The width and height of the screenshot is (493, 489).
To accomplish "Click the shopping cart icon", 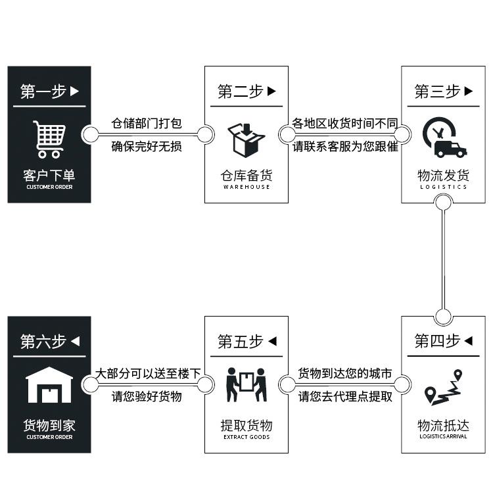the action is (49, 140).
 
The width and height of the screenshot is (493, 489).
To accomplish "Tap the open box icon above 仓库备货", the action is (246, 140).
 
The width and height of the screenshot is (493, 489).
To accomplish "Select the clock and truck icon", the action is (444, 138).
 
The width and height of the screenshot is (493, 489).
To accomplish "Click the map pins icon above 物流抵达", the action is (444, 388).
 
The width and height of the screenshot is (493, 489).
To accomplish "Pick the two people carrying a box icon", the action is (246, 386).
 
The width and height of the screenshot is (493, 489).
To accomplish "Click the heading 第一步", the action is (43, 91).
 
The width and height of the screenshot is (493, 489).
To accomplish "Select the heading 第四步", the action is (437, 341).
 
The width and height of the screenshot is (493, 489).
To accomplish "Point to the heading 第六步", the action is (43, 342).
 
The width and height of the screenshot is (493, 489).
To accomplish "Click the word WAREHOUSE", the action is (246, 187).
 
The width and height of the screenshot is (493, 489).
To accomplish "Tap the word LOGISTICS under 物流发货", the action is (444, 187).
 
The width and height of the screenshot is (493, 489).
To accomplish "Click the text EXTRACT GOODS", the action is (246, 437).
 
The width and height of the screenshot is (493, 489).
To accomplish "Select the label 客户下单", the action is (49, 175).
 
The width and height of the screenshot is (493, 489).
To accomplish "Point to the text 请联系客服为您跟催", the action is (345, 147).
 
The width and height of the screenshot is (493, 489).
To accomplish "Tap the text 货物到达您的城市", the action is (345, 374).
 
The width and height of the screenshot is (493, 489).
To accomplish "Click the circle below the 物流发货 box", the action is (444, 203).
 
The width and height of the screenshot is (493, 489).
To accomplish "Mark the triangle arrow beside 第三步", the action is (469, 91).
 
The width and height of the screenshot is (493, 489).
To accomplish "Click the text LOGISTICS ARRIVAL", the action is (444, 436).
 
